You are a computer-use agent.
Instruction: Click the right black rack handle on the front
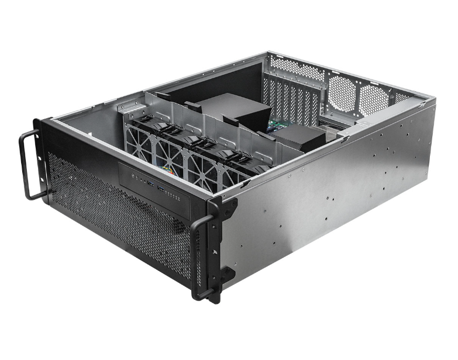(x=202, y=257)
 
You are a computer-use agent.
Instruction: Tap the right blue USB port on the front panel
(x=159, y=188)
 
